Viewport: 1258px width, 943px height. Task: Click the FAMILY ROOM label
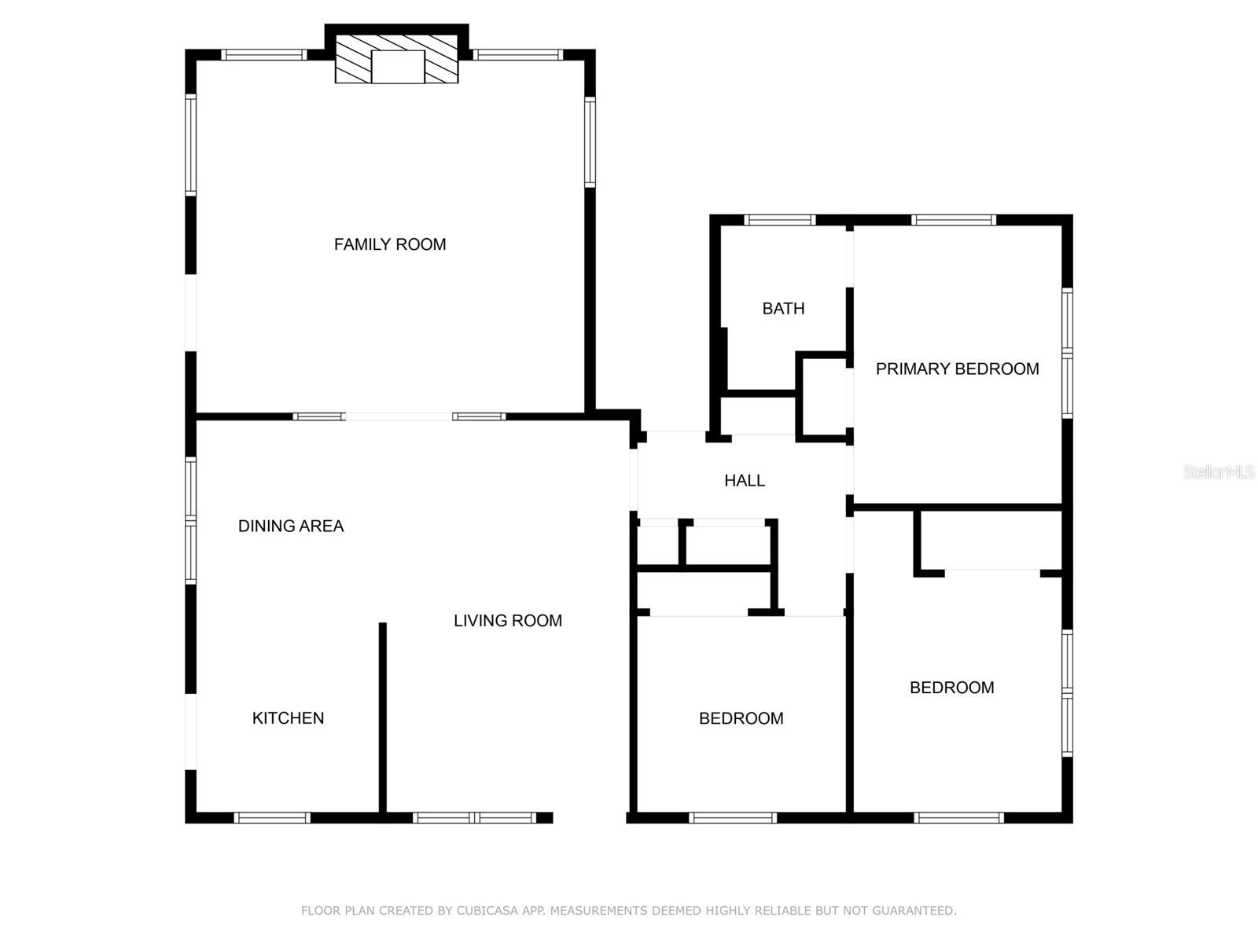point(390,244)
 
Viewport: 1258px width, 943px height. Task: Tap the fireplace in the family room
point(397,58)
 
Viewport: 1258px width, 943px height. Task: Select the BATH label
point(783,309)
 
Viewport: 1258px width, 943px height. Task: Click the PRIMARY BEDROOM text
point(957,369)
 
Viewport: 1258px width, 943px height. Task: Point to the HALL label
point(744,480)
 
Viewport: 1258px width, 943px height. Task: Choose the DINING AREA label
point(291,526)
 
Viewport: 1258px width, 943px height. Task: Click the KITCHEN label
point(288,717)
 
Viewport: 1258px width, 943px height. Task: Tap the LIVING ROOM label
point(507,620)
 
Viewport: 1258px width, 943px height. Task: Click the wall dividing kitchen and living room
point(383,715)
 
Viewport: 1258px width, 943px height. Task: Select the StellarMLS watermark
point(1218,472)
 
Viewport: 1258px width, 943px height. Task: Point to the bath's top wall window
point(780,220)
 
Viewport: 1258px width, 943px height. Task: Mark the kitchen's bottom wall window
point(273,818)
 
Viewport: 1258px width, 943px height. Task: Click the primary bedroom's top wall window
point(954,220)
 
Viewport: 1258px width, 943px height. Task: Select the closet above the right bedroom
point(991,541)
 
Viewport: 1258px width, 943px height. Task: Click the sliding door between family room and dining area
point(399,416)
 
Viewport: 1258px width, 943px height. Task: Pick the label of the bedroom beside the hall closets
point(741,718)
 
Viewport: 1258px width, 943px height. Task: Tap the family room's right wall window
point(590,141)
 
